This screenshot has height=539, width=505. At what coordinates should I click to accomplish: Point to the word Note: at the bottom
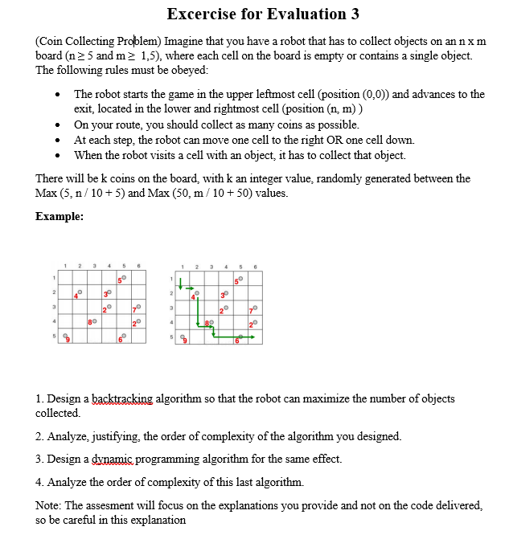[51, 505]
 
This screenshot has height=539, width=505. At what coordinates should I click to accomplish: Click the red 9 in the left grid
[68, 341]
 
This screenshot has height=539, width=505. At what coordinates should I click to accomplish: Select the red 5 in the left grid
[118, 280]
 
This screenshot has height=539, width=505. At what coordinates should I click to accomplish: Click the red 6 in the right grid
[236, 341]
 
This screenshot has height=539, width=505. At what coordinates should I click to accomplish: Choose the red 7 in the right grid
[251, 310]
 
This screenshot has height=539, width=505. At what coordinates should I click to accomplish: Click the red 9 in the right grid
[186, 341]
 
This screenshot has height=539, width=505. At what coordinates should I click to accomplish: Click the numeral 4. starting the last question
[40, 482]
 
